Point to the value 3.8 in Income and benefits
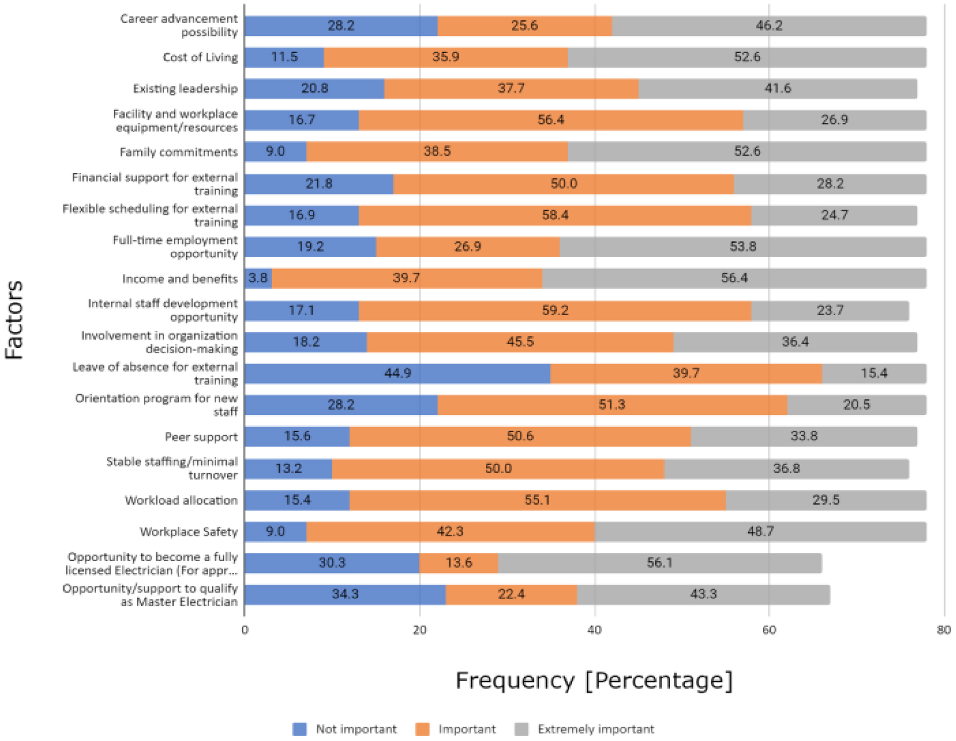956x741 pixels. [x=258, y=278]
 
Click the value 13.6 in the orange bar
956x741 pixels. [x=459, y=563]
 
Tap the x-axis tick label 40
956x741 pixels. [x=594, y=630]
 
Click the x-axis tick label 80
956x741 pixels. [x=944, y=630]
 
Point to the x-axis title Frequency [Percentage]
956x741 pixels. [x=594, y=680]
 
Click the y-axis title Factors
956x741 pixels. [x=14, y=319]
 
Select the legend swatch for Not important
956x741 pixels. [x=299, y=729]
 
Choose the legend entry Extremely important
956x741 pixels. [x=595, y=729]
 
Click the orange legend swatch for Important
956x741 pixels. [x=423, y=729]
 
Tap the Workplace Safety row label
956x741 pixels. [x=188, y=532]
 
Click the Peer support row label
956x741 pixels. [x=201, y=437]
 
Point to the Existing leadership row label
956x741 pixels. [x=185, y=89]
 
